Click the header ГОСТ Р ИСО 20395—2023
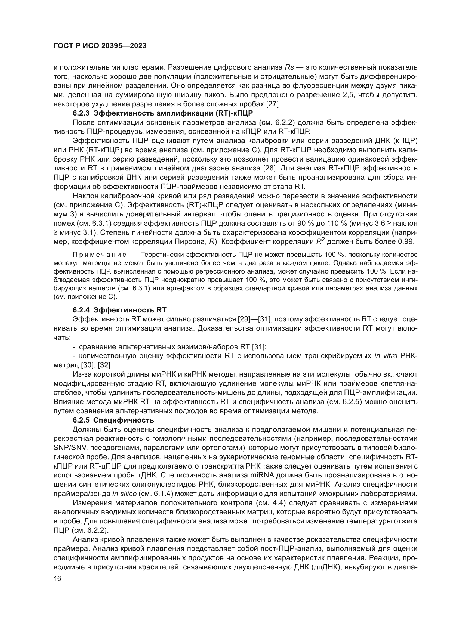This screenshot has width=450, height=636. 100,46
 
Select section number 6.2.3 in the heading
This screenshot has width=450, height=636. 81,113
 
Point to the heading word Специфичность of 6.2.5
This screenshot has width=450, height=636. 124,420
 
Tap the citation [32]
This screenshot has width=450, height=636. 106,365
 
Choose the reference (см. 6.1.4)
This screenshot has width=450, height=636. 156,494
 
